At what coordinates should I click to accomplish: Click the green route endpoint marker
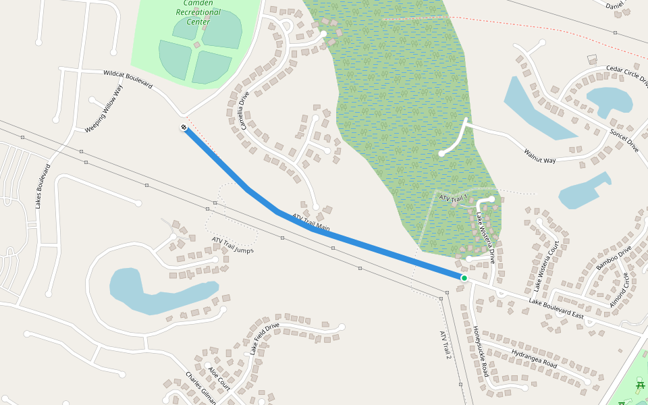tap(464, 278)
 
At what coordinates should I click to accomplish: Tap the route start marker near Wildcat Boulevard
tap(184, 128)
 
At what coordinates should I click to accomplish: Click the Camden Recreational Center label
tap(198, 12)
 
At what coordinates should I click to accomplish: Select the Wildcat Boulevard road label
tap(128, 79)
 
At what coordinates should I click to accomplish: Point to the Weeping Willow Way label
tap(104, 108)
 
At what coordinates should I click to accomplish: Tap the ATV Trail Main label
tap(310, 222)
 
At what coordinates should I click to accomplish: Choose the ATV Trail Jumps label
tap(232, 245)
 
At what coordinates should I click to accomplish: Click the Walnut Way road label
tap(539, 155)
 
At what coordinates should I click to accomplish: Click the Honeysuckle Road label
tap(481, 351)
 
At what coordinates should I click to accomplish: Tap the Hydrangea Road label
tap(533, 359)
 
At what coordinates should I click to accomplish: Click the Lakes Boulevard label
tap(43, 186)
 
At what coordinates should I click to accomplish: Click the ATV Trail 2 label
tap(445, 344)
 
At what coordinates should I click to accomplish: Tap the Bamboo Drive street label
tap(614, 258)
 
